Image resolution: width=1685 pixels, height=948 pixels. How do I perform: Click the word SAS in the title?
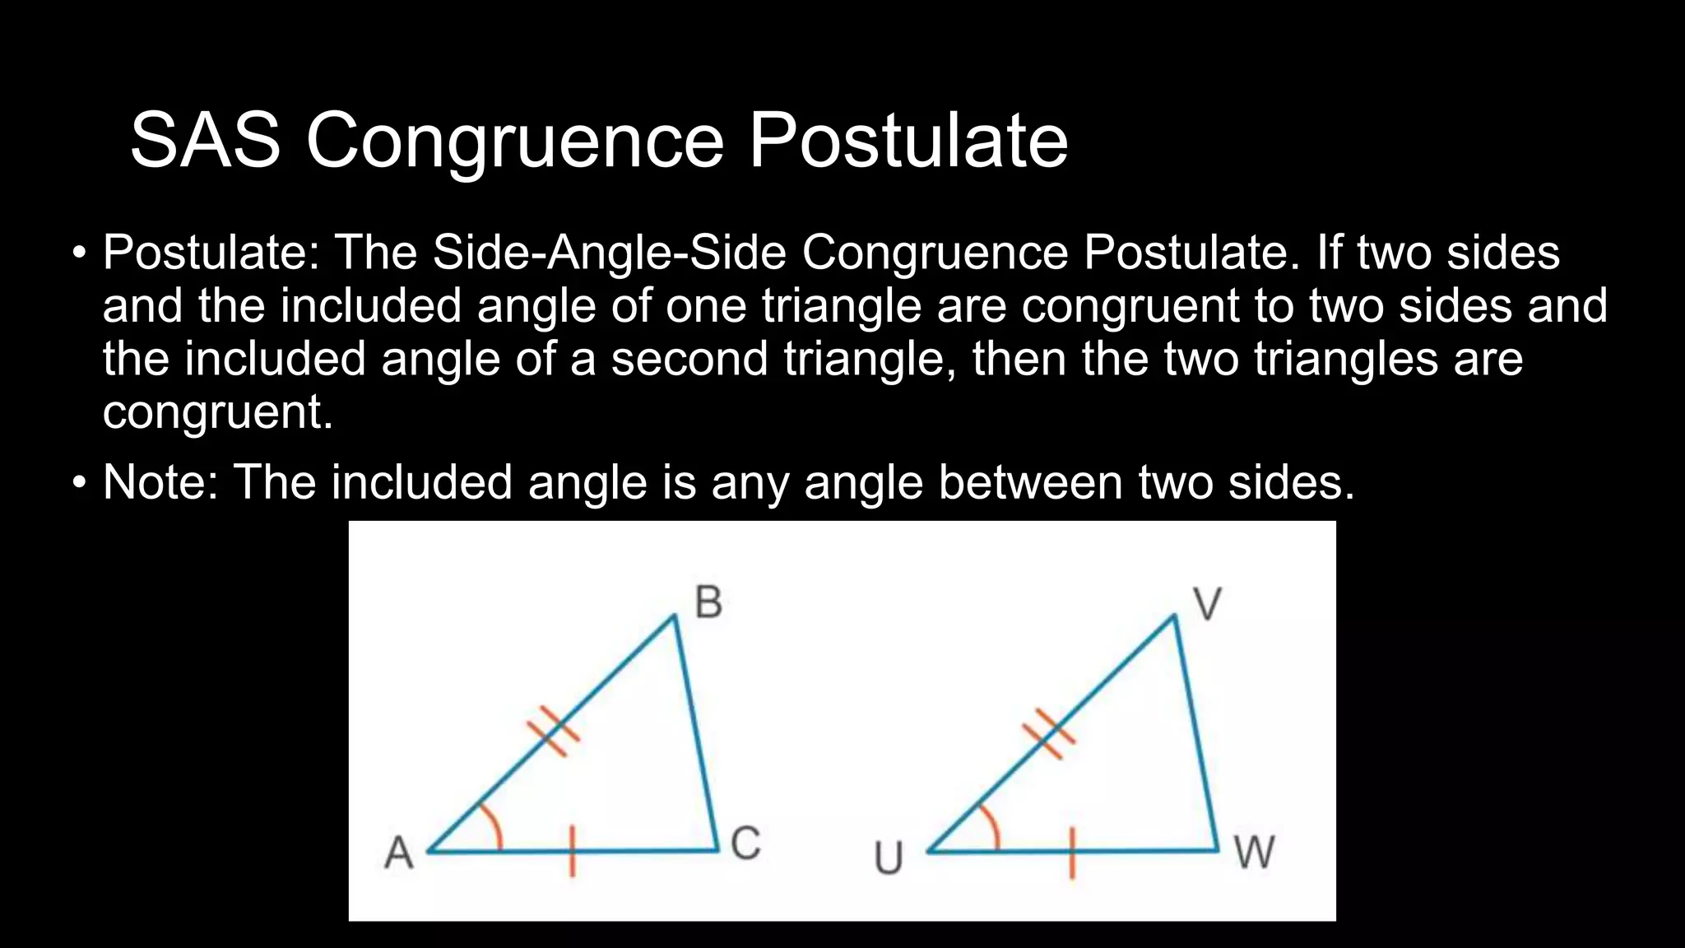205,141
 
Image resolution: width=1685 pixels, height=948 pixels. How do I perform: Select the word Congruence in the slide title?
515,141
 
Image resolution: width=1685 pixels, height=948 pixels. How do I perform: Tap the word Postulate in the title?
907,141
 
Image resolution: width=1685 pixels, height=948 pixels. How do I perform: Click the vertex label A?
399,853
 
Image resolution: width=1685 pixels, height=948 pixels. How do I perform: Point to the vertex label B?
708,602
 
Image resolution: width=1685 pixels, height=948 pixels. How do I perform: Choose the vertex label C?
745,843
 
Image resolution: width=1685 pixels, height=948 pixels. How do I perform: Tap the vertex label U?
889,858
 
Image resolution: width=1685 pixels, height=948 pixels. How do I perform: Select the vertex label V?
1207,604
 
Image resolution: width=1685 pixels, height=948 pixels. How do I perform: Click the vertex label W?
1255,853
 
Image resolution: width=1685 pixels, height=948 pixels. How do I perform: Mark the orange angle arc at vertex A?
493,825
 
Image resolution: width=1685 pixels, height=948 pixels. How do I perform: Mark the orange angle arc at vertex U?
992,826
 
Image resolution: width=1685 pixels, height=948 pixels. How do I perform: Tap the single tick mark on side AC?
573,852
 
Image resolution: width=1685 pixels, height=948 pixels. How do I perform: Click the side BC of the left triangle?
696,732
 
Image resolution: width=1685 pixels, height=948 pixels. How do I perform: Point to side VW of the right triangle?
1196,732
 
